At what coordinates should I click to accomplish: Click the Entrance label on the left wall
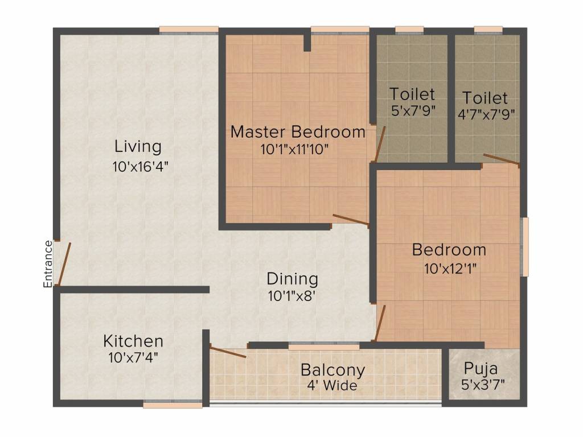48,264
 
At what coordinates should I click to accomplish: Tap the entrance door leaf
64,264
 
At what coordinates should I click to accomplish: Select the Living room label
138,147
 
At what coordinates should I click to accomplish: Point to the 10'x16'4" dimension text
141,167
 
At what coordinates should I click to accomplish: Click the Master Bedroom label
298,132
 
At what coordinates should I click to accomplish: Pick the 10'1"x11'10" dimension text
294,150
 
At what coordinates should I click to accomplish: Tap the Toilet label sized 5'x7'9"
412,94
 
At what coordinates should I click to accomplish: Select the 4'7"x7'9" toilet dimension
486,114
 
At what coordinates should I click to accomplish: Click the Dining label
292,279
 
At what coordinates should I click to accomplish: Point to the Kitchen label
133,341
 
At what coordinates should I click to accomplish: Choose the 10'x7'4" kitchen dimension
133,358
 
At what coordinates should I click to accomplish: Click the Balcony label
332,370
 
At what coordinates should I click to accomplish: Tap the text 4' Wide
332,385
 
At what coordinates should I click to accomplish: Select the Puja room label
481,369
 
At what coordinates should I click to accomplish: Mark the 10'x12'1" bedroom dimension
450,269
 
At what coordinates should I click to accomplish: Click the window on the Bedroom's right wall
524,247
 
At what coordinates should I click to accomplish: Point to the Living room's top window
189,31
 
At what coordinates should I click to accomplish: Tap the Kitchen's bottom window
173,404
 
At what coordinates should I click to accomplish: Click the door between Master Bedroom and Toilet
380,144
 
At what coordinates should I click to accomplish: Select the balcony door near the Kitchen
228,351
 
